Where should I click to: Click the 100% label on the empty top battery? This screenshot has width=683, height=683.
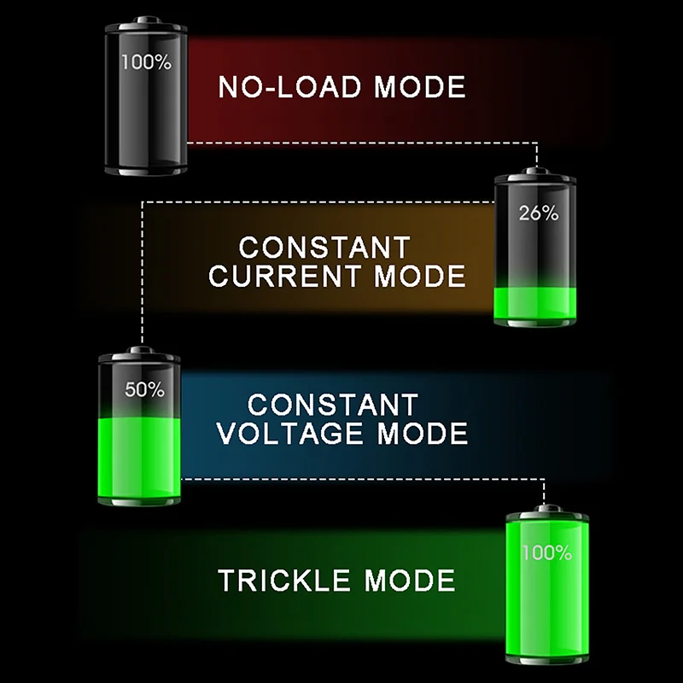coord(146,62)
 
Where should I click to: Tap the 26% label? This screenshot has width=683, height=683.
coord(538,213)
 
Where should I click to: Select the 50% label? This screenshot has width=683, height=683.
coord(144,390)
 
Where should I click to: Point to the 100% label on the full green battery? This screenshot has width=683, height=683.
coord(546,552)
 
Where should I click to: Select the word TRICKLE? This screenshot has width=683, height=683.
coord(286,581)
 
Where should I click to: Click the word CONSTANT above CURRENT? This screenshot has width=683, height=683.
coord(324,248)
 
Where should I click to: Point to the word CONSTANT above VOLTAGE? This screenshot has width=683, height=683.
coord(333,404)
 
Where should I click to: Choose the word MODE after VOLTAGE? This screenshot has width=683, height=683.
coord(423,433)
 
